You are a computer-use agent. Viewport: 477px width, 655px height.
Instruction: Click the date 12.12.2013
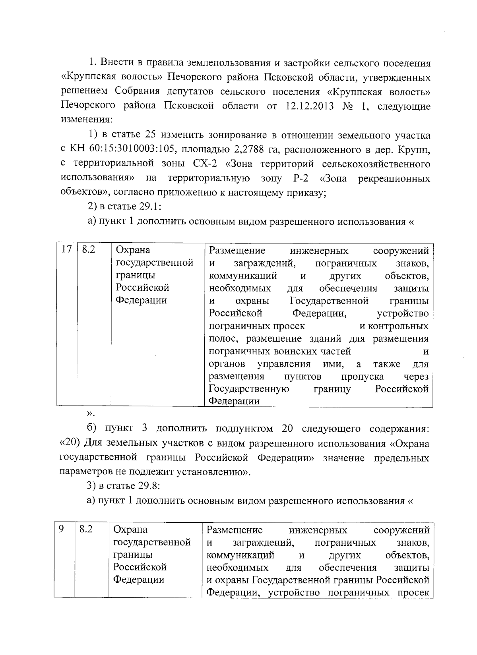(308, 106)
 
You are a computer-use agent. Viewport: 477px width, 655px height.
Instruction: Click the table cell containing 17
(66, 250)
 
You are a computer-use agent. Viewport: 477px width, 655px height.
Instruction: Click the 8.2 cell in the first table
(88, 250)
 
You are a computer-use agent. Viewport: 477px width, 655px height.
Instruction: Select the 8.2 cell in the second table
(86, 529)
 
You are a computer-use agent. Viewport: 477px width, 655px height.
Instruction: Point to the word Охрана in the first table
(133, 250)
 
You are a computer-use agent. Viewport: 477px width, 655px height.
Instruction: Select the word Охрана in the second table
(130, 529)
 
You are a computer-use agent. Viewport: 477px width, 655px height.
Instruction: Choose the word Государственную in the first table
(249, 389)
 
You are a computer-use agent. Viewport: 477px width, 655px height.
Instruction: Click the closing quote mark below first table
(91, 414)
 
